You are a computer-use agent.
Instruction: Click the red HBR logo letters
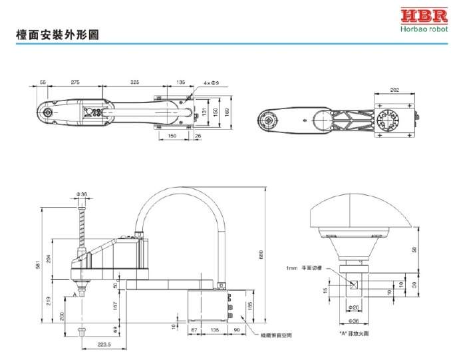pyautogui.click(x=424, y=17)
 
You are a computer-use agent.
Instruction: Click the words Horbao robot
pyautogui.click(x=424, y=29)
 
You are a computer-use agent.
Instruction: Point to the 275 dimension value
pyautogui.click(x=75, y=82)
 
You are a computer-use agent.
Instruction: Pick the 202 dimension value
pyautogui.click(x=394, y=90)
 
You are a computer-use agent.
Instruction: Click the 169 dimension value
pyautogui.click(x=227, y=112)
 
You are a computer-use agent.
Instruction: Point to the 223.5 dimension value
pyautogui.click(x=104, y=345)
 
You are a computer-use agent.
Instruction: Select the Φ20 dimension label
pyautogui.click(x=354, y=307)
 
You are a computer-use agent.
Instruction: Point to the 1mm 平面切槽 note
pyautogui.click(x=304, y=268)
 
